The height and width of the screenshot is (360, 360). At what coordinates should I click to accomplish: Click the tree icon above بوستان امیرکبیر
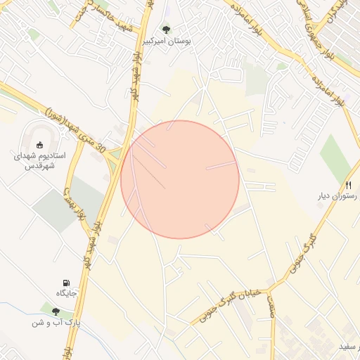(x=166, y=30)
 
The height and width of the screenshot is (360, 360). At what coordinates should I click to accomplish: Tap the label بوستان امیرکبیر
(x=166, y=42)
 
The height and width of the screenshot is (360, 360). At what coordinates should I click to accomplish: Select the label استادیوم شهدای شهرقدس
(x=40, y=161)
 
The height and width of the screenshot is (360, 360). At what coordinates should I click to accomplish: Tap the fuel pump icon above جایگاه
(x=67, y=282)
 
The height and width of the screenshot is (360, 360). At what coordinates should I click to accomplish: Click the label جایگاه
(x=67, y=293)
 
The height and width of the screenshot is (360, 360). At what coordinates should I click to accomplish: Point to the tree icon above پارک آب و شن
(x=56, y=311)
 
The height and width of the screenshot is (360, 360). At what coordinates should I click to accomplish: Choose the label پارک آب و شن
(x=56, y=323)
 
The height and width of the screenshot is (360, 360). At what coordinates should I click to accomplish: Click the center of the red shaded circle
(x=180, y=179)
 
